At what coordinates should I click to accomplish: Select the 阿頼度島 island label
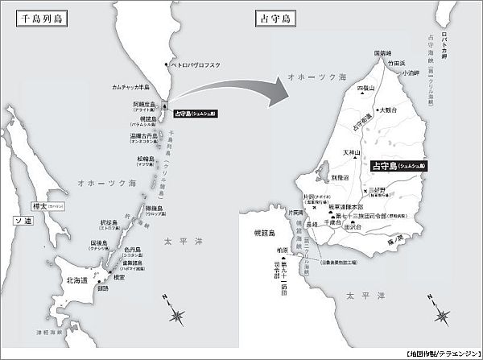coord(145,105)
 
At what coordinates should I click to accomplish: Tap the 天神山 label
coord(351,151)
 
